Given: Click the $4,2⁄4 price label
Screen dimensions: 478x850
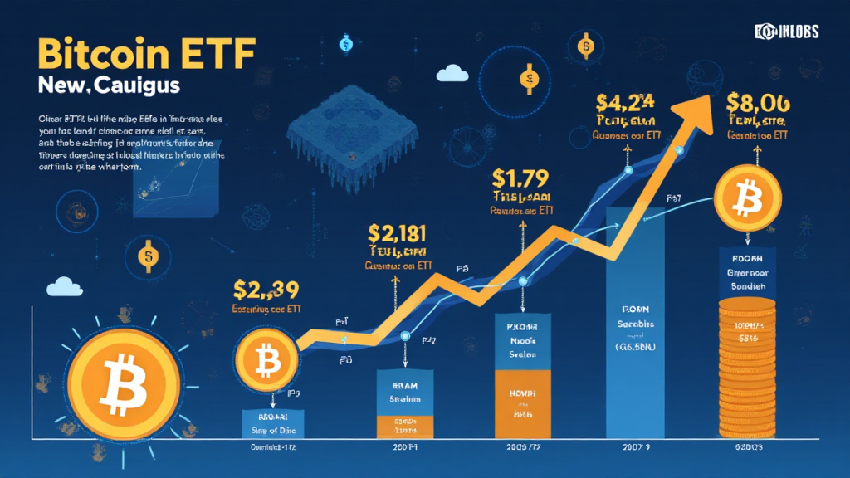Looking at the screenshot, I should pos(625,104).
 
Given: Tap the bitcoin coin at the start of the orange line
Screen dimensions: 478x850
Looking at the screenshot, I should pos(266,360).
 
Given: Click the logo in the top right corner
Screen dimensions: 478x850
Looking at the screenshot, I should pos(786,32).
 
